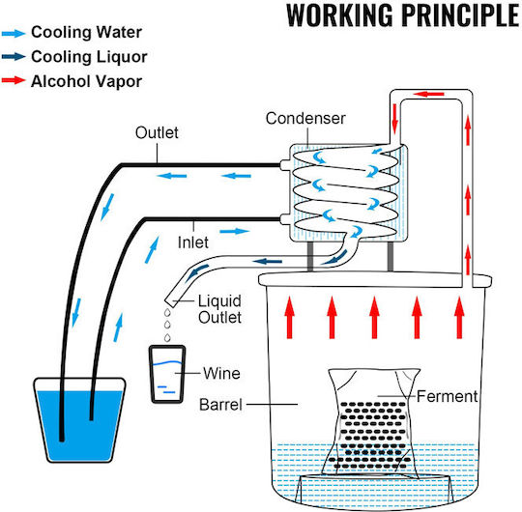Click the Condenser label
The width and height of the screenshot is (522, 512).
(x=305, y=119)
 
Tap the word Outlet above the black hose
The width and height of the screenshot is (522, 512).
(x=157, y=132)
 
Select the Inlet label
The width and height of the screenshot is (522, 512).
(x=193, y=242)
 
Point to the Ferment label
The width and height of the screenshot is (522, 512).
(x=448, y=397)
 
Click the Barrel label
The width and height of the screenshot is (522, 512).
(x=220, y=405)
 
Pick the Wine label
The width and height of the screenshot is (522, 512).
(x=221, y=373)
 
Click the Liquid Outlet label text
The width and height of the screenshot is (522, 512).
(x=219, y=309)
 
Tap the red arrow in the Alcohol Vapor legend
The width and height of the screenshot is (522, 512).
(x=14, y=80)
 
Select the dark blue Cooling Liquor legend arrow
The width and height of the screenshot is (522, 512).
(x=14, y=57)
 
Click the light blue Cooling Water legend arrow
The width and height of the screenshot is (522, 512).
(x=14, y=33)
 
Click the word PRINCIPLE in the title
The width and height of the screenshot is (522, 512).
(x=460, y=15)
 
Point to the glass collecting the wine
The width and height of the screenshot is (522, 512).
(x=167, y=374)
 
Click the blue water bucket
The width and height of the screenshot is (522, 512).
(x=79, y=420)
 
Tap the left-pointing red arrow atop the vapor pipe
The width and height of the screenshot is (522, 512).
(x=429, y=94)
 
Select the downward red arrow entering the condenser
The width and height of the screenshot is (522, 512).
(x=395, y=118)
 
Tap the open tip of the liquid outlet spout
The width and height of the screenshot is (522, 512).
(x=170, y=302)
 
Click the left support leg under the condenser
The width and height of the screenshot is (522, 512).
(x=310, y=256)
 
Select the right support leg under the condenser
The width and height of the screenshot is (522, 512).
(x=391, y=256)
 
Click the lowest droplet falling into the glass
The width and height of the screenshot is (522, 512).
(x=167, y=337)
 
